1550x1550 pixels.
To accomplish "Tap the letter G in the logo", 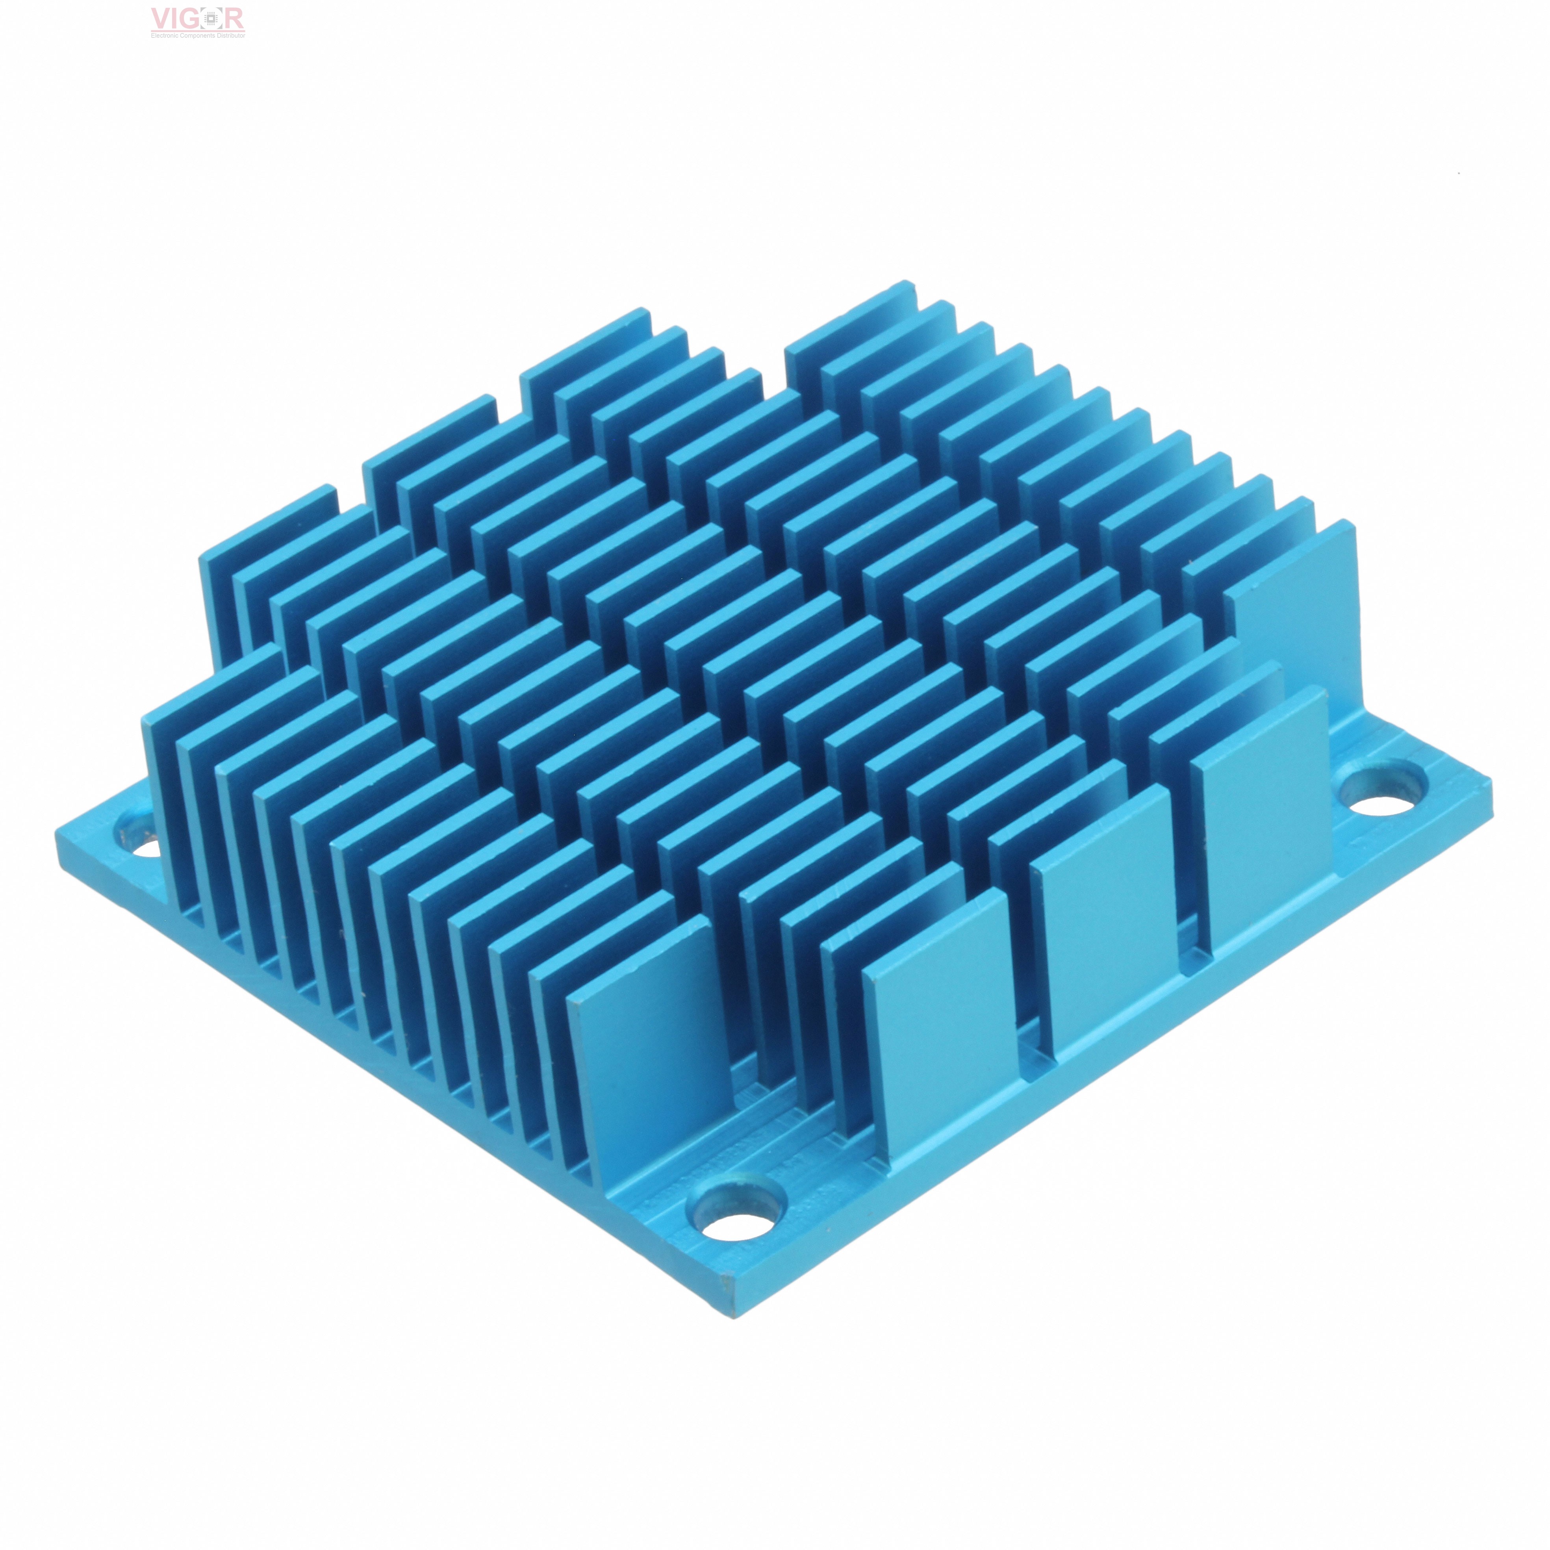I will point(193,19).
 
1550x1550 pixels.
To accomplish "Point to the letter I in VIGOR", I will point(178,19).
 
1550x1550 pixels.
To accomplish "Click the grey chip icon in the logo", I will point(213,19).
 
